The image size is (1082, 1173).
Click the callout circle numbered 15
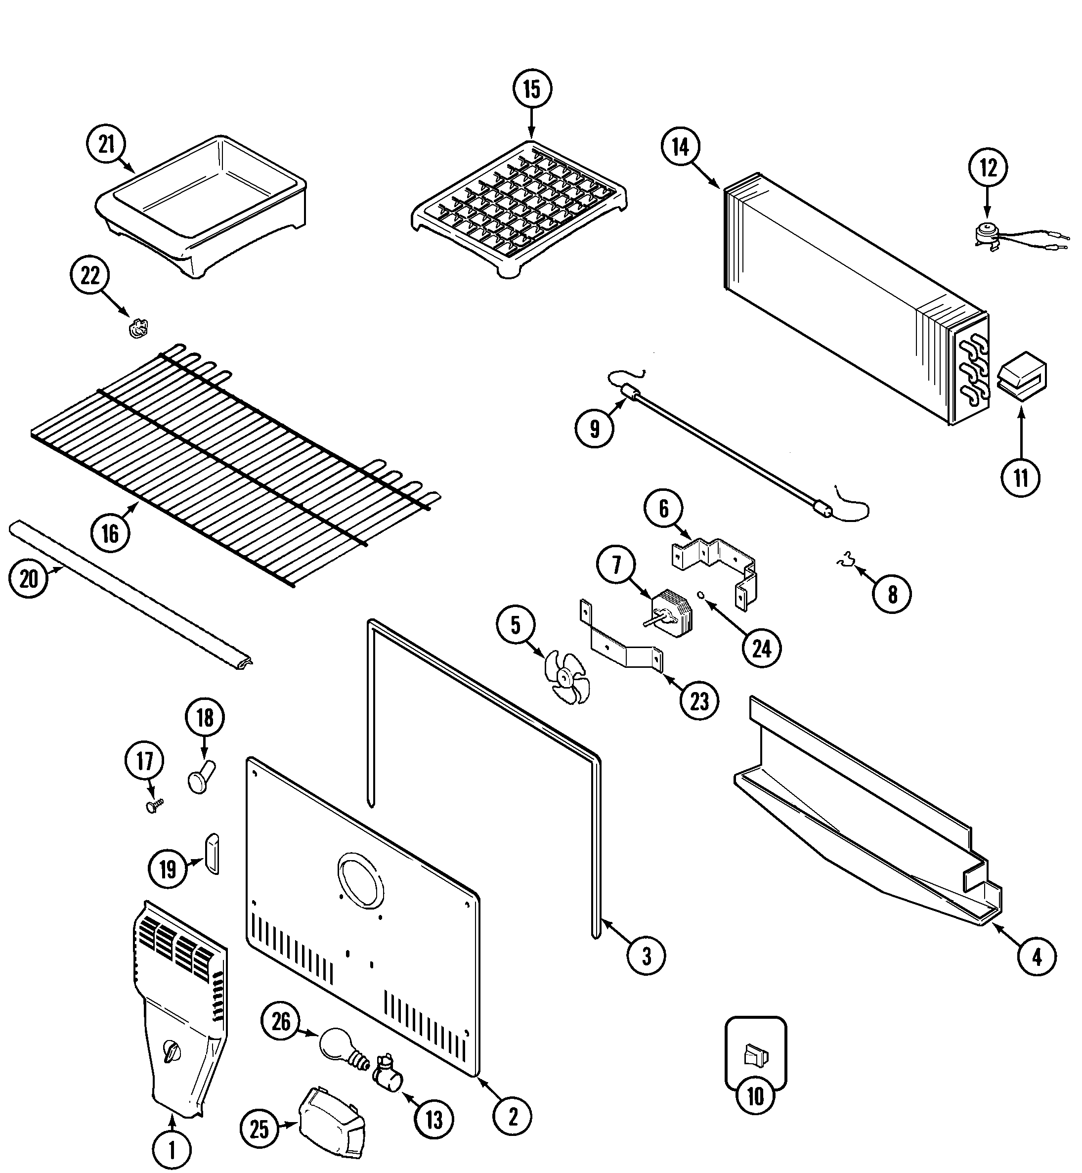coord(532,89)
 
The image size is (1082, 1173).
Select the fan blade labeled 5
coord(565,678)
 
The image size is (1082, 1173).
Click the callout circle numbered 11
coord(1021,478)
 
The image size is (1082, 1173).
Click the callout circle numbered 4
coord(1037,957)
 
